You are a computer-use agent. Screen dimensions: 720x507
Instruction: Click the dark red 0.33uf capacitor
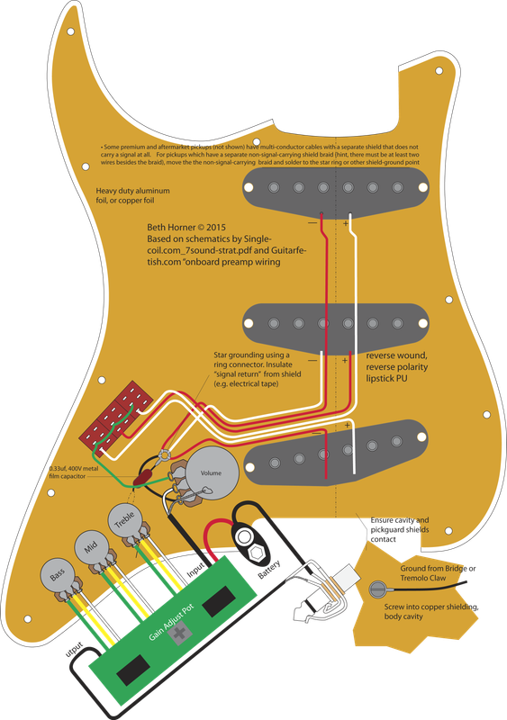(x=142, y=479)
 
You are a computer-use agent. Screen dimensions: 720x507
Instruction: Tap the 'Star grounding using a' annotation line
(x=253, y=356)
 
